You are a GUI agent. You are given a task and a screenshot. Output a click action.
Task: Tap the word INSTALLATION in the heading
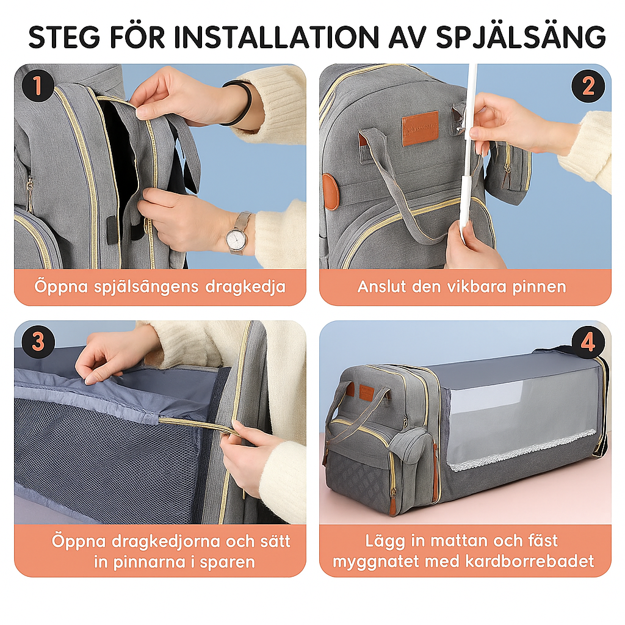[276, 37]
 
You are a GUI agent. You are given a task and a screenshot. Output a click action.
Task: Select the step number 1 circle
[38, 85]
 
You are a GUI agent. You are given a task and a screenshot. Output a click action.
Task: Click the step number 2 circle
[588, 86]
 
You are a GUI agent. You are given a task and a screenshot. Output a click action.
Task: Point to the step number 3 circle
[38, 342]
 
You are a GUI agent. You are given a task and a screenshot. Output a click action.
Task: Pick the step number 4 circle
[588, 342]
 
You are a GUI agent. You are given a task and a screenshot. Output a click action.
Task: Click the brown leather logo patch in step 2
[420, 128]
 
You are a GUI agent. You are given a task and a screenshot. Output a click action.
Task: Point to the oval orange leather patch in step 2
[331, 191]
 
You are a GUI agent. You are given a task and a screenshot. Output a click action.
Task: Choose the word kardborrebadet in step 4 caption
[530, 562]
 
